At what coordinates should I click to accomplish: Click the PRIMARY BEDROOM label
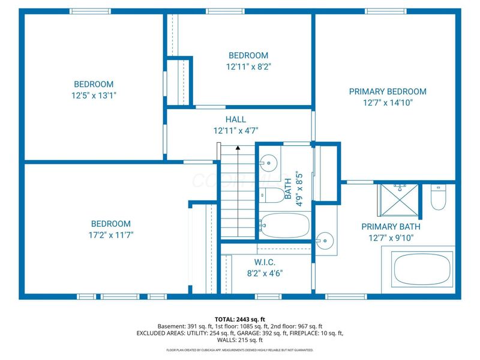[388, 92]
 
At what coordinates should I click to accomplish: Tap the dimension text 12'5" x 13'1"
[94, 95]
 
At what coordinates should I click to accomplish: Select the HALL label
[236, 119]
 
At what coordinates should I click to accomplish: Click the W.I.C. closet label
[264, 262]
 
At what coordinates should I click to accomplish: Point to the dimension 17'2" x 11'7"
[110, 235]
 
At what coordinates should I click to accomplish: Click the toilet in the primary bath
[438, 197]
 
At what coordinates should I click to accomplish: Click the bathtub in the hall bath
[286, 226]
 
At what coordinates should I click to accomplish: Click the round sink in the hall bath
[269, 161]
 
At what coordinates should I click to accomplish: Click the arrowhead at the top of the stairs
[238, 146]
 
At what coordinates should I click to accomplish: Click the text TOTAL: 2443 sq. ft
[239, 319]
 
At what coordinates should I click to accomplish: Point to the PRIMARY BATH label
[391, 227]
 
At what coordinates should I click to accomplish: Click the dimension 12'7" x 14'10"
[388, 103]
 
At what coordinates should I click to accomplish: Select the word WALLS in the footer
[220, 340]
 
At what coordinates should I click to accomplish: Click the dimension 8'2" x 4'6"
[264, 272]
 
